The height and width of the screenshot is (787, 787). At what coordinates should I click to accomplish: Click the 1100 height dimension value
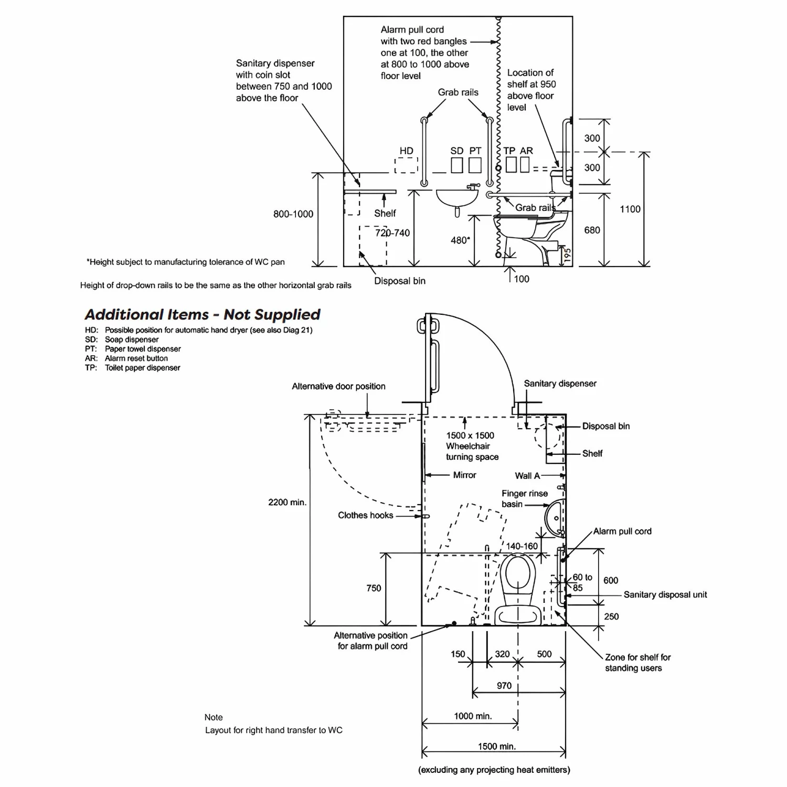630,209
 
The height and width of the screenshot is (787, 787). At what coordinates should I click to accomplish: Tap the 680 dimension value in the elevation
592,230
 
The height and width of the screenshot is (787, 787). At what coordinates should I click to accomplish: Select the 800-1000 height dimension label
293,214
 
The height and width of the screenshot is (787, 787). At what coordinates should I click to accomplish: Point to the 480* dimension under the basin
460,240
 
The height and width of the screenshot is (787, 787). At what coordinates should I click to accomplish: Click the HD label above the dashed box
406,151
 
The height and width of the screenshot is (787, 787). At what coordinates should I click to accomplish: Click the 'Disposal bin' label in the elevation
399,281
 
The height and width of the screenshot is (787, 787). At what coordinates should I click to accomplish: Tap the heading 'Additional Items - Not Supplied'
203,314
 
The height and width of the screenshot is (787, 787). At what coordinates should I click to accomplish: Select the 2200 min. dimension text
287,502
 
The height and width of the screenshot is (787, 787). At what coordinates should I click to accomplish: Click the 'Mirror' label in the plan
464,475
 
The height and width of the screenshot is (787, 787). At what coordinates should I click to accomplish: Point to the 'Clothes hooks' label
365,515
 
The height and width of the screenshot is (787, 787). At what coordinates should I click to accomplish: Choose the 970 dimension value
504,685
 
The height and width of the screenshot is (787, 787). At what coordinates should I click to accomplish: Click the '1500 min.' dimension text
496,746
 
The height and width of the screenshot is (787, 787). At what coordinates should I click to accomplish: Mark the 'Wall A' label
527,476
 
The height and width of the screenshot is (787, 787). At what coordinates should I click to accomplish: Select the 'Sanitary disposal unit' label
665,594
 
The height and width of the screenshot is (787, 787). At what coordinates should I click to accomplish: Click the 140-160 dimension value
522,546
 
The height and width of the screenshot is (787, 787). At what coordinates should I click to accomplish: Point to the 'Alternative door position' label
338,386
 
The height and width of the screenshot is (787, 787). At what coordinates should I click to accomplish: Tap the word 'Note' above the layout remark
214,717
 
